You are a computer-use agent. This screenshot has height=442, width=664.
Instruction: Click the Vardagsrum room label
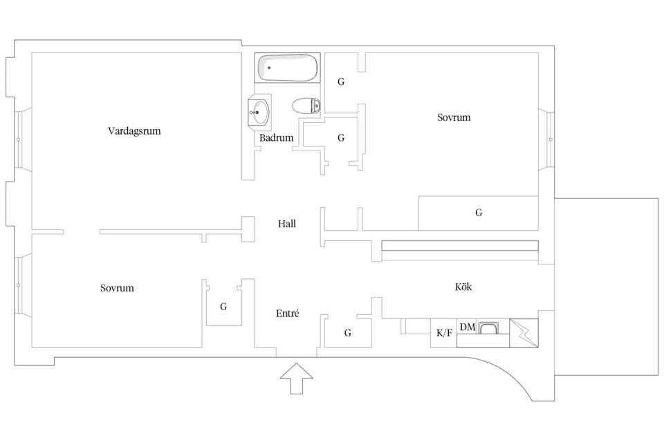coord(134,131)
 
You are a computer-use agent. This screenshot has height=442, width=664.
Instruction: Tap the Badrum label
coord(277,137)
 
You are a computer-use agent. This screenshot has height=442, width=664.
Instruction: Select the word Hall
coord(286,224)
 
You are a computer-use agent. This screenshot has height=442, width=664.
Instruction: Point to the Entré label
coord(288,313)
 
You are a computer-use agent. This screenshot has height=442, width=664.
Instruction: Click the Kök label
coord(463,287)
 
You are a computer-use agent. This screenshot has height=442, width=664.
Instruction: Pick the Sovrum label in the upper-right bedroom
coord(454,117)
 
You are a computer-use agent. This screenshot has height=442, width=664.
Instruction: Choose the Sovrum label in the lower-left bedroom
coord(117,288)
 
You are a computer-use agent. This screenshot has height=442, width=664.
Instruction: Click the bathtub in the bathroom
coord(288,68)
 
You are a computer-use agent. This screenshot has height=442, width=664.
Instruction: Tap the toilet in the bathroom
coord(306,106)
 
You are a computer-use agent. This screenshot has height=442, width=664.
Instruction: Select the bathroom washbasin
coord(259,113)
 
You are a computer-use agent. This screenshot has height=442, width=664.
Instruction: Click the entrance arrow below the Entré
coord(297,378)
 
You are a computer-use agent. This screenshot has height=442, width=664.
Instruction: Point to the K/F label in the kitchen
coord(444,333)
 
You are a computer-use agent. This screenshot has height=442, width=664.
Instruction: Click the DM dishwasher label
coord(468,327)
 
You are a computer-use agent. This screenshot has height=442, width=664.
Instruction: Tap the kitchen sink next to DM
coord(488,328)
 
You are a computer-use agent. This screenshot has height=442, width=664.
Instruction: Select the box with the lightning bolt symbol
coord(524,334)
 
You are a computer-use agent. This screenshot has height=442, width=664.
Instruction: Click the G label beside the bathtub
coord(341,81)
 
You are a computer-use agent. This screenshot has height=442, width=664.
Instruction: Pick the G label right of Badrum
coord(341,137)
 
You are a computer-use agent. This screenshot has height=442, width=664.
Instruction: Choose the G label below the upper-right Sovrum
coord(479,213)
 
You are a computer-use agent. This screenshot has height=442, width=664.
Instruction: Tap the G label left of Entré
coord(223,307)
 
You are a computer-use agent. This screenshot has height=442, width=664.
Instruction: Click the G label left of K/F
coord(348,333)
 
